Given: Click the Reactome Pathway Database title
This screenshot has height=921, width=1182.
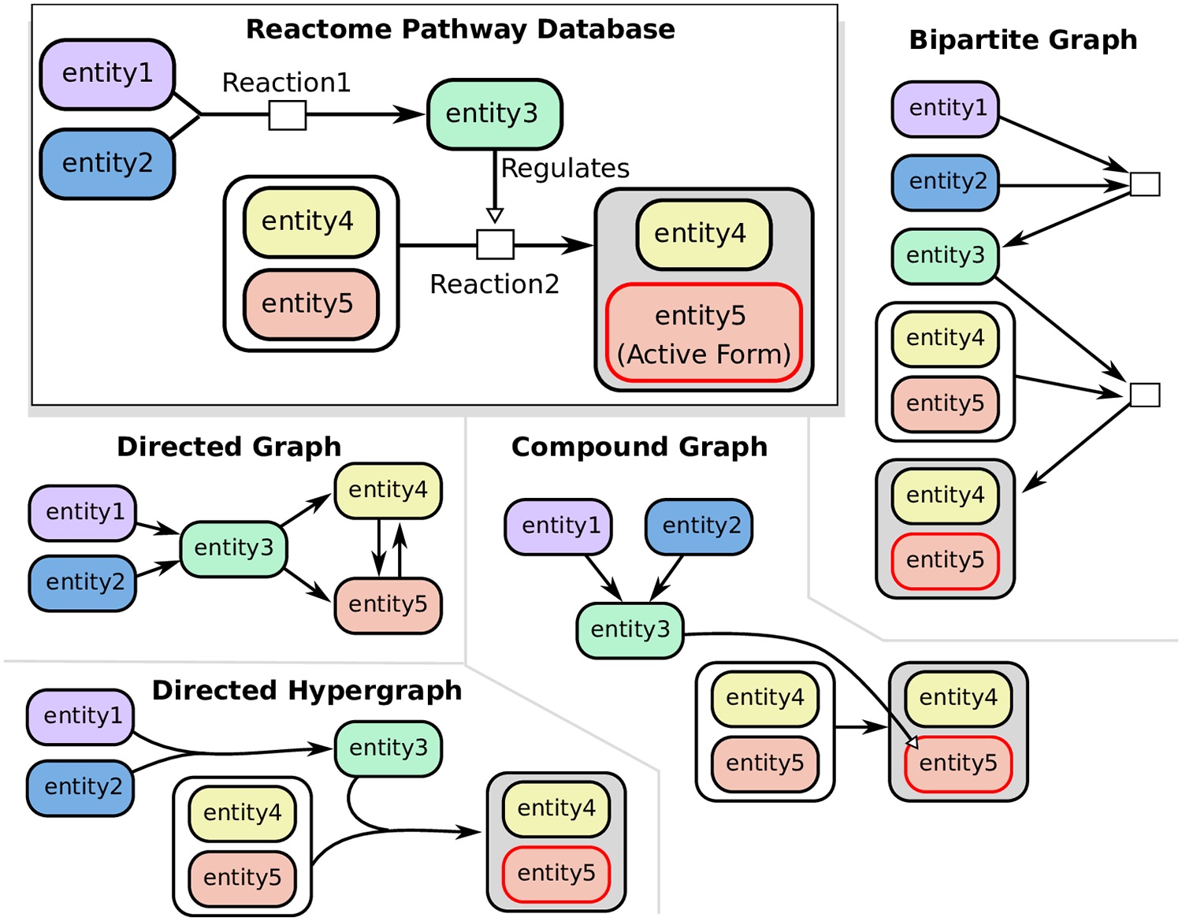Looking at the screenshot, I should pyautogui.click(x=460, y=29).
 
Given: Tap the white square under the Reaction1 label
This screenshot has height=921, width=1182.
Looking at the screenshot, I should pyautogui.click(x=288, y=115).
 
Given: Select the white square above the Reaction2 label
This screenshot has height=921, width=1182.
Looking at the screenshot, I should pyautogui.click(x=495, y=244).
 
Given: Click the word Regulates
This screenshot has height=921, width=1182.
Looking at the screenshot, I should pyautogui.click(x=565, y=168).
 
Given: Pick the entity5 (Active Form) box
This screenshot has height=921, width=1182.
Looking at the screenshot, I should pyautogui.click(x=704, y=333).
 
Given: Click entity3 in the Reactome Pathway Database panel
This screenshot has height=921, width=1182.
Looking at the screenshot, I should pyautogui.click(x=494, y=114).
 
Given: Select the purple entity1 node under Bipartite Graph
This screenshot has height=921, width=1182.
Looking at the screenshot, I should pyautogui.click(x=946, y=109).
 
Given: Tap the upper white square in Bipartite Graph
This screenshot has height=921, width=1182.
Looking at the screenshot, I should pyautogui.click(x=1144, y=184).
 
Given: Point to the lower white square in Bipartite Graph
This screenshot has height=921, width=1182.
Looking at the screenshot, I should pyautogui.click(x=1144, y=395).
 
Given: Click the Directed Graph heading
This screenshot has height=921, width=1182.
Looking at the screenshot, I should pyautogui.click(x=229, y=447).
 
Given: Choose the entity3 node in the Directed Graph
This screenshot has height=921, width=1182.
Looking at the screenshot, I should pyautogui.click(x=233, y=548).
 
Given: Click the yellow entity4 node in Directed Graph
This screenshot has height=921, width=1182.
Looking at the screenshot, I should pyautogui.click(x=388, y=490).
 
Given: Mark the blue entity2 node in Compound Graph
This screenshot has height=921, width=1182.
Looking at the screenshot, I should pyautogui.click(x=699, y=526).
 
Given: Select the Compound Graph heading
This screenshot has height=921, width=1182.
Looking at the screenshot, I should pyautogui.click(x=639, y=447).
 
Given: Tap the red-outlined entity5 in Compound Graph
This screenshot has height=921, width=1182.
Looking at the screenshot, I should pyautogui.click(x=958, y=764).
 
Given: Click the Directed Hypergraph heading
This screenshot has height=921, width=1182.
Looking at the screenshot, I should pyautogui.click(x=307, y=690).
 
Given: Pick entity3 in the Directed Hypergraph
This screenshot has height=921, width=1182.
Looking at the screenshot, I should pyautogui.click(x=388, y=748).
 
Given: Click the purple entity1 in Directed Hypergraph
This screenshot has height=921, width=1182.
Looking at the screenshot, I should pyautogui.click(x=81, y=716).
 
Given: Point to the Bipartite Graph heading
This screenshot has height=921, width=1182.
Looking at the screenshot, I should pyautogui.click(x=1023, y=39).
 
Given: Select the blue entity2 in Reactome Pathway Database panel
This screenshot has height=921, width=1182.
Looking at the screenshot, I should pyautogui.click(x=107, y=164).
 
